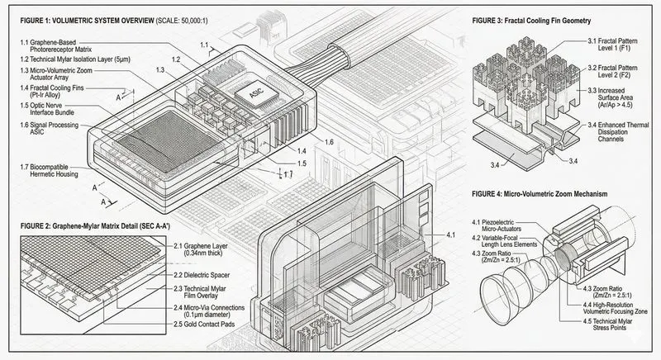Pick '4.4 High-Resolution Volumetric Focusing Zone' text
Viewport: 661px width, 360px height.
[611, 308]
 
